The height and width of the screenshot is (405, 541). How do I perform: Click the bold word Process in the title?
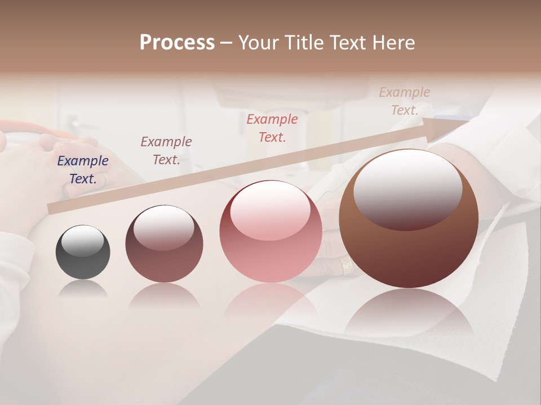pos(177,42)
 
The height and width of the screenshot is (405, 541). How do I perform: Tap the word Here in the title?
pos(394,42)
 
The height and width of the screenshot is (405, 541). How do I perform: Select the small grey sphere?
pos(83,252)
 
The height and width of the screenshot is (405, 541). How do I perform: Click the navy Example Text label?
pos(83,170)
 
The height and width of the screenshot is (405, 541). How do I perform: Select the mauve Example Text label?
pos(166,151)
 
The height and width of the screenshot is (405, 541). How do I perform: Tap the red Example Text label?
pos(272,128)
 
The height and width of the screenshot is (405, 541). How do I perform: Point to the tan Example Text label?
pos(405,101)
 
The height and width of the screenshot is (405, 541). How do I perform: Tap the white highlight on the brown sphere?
pos(407,188)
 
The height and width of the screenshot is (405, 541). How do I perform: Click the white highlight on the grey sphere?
pos(83,241)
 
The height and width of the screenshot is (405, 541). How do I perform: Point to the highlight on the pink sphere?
pos(270,209)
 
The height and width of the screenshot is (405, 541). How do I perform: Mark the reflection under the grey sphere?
pos(83,289)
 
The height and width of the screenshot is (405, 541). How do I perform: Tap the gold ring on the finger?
pos(347,267)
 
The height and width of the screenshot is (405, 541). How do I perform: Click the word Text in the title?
pos(349,42)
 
